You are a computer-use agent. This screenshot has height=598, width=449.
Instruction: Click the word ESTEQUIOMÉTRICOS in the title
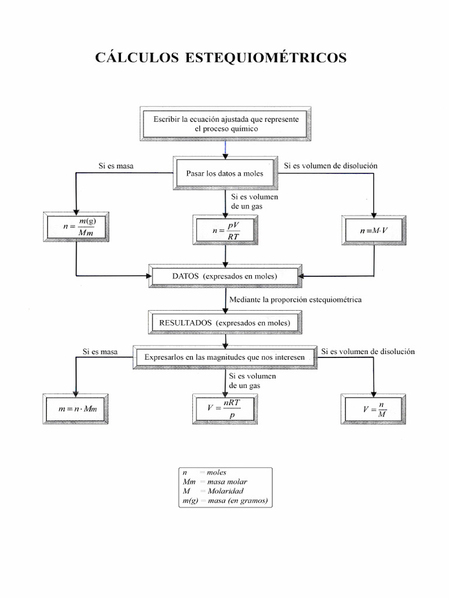266,58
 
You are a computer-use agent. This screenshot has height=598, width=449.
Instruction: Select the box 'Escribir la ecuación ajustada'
226,123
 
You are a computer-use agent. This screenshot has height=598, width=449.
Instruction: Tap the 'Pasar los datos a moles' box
225,173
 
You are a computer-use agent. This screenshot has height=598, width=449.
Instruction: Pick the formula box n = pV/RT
226,230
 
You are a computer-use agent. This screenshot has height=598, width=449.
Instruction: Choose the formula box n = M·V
374,230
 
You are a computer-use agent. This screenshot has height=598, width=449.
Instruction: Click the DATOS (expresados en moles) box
225,276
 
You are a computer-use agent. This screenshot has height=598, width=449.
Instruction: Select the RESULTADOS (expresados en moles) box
225,322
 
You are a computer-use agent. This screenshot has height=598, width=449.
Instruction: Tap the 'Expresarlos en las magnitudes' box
225,356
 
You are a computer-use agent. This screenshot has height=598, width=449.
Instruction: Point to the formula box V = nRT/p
225,408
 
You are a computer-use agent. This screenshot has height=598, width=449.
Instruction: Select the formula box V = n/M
374,409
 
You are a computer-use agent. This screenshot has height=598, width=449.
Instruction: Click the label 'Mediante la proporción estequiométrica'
295,300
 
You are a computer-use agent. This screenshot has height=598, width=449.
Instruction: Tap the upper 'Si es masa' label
116,166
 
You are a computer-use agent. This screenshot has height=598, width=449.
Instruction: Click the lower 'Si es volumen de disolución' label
368,352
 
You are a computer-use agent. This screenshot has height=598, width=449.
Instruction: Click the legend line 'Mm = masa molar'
215,482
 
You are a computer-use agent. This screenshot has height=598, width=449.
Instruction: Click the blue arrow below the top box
225,148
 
